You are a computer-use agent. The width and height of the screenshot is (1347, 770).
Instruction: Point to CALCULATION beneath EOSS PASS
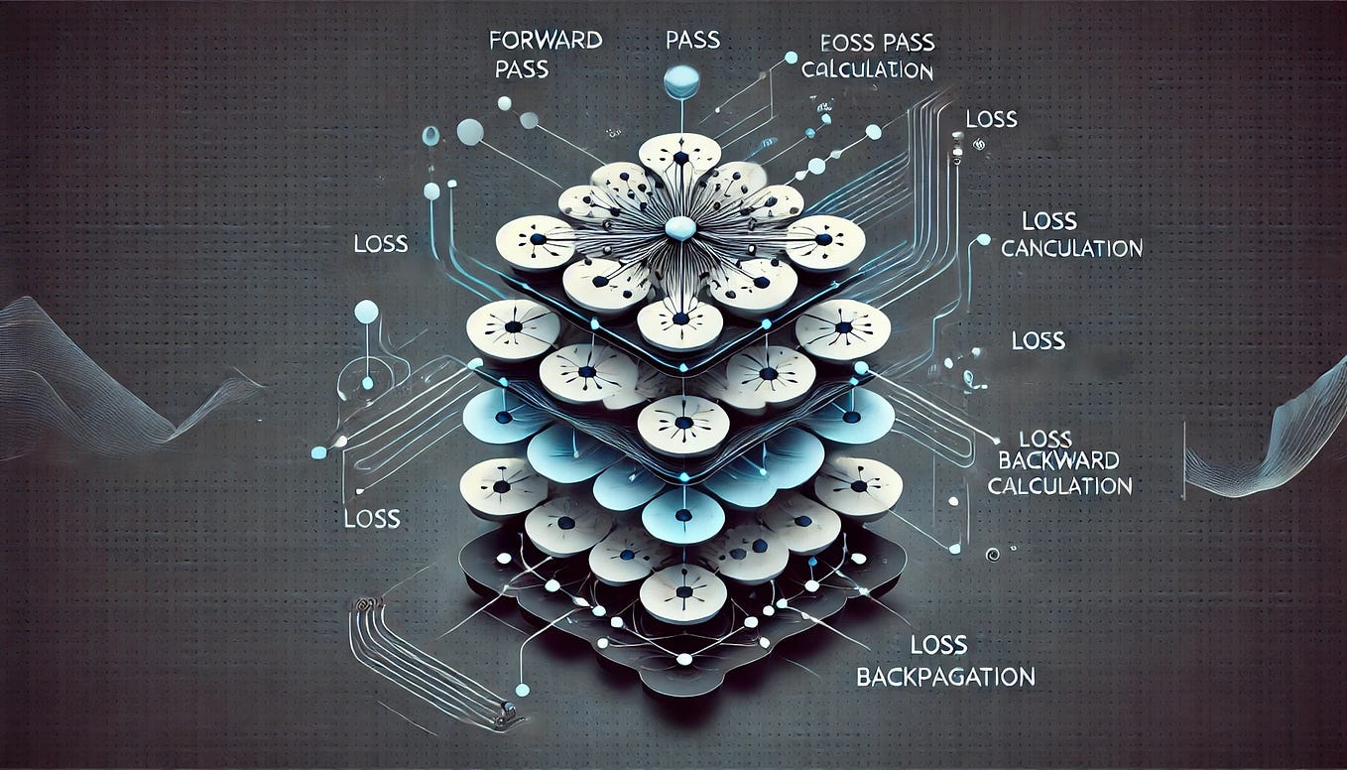[866, 70]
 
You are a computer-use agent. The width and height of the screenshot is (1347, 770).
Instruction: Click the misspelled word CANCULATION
[1071, 248]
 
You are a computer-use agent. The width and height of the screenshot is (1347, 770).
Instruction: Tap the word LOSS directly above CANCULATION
[1048, 221]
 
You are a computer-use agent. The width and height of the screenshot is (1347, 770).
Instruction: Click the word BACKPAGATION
[944, 678]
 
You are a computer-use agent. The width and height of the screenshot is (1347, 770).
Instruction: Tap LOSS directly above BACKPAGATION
[937, 646]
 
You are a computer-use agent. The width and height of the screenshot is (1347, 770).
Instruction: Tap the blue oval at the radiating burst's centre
[680, 228]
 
